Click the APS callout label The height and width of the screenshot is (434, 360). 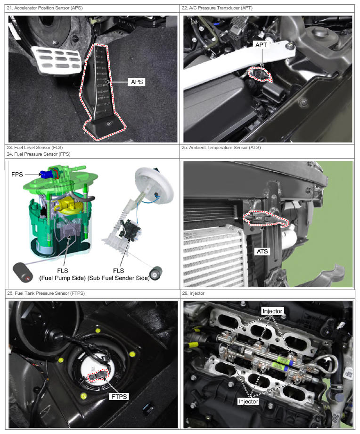click(137, 82)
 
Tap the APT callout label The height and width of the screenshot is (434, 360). click(261, 44)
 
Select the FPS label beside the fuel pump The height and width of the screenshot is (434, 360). click(17, 175)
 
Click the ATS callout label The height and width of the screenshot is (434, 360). click(262, 251)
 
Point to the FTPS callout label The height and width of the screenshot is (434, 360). click(119, 396)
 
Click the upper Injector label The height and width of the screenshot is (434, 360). click(272, 311)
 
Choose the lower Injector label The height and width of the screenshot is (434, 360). click(248, 401)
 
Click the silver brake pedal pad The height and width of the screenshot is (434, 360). click(57, 60)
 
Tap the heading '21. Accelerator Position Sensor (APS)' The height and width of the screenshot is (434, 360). click(45, 8)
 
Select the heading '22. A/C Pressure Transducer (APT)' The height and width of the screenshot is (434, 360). click(217, 8)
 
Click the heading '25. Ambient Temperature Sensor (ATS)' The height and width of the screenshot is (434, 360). click(221, 148)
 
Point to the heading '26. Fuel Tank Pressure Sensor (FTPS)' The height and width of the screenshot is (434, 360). click(46, 293)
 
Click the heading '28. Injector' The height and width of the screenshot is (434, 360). click(193, 293)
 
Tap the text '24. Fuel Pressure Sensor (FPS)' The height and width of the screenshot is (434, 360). click(39, 154)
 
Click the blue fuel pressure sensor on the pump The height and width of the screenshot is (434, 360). click(46, 174)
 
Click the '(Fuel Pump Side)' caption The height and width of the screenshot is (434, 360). click(63, 278)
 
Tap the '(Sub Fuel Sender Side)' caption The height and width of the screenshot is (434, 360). click(119, 278)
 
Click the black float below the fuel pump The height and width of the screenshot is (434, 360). click(23, 273)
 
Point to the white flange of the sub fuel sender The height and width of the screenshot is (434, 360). click(154, 185)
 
